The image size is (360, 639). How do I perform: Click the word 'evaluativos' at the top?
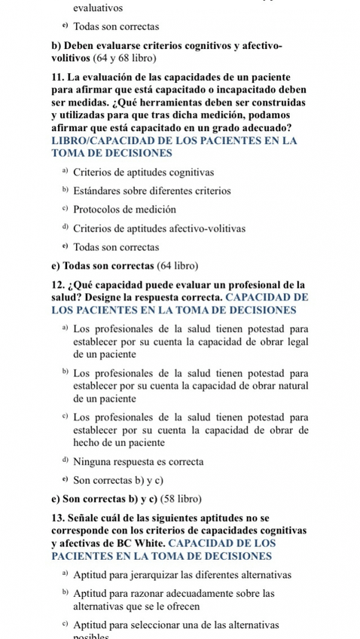99,8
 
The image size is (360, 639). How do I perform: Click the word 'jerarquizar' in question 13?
143,576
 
